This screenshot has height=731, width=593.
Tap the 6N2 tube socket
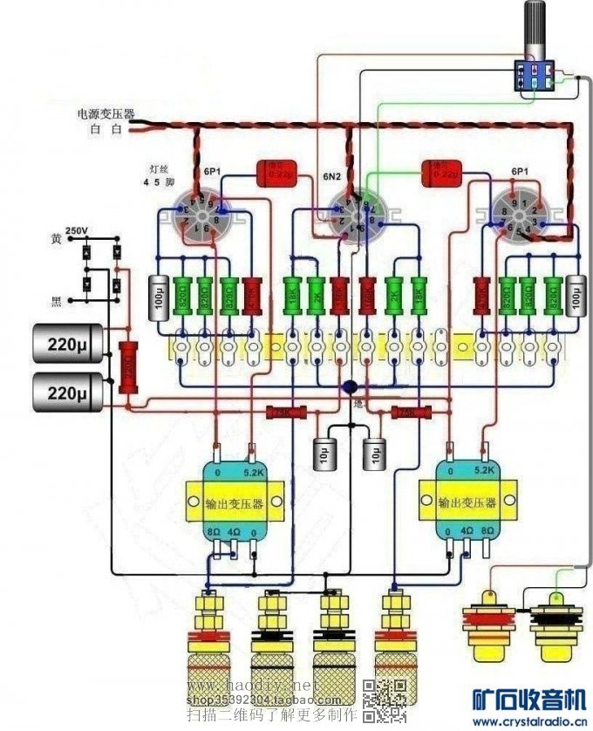tap(352, 213)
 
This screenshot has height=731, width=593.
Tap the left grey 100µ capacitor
tap(158, 297)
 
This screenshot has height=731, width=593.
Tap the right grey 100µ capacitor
tap(575, 297)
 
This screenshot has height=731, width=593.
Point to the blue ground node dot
tap(350, 387)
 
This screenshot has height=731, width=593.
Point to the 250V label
tap(76, 230)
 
